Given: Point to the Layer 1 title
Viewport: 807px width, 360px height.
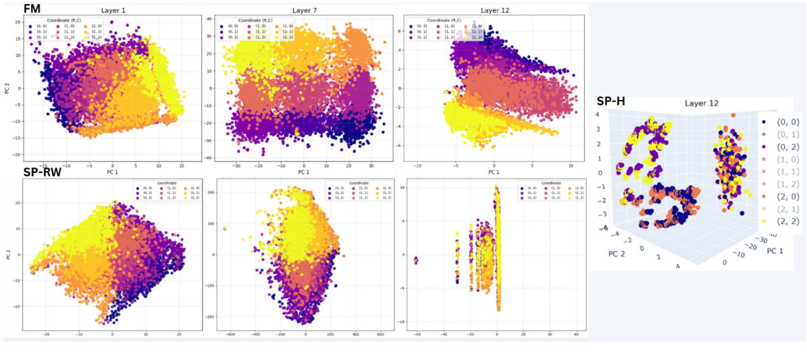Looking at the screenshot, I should tap(115, 10).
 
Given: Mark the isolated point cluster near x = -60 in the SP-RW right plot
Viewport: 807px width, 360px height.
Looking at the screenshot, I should tap(415, 260).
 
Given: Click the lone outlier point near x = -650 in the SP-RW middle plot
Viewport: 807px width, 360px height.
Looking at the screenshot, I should tap(225, 229).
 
